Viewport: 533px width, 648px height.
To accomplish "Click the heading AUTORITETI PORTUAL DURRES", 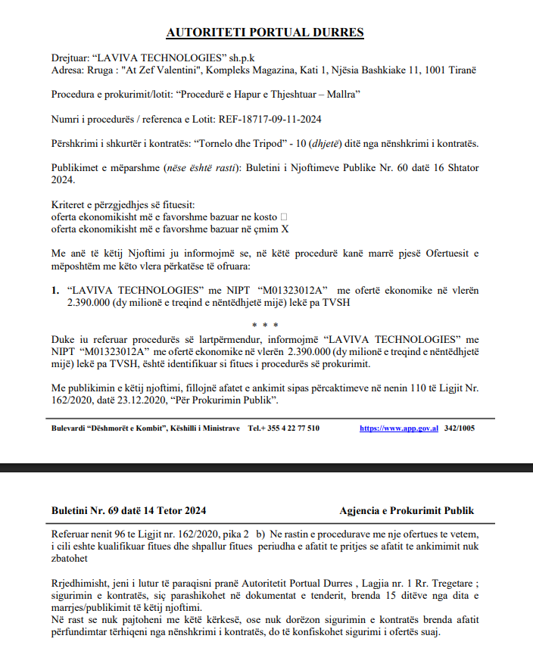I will (x=265, y=33).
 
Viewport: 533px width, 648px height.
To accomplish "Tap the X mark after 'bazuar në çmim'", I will (x=285, y=228).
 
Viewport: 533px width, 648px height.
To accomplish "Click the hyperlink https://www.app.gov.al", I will (x=399, y=428).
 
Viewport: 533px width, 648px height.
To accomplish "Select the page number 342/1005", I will (x=460, y=428).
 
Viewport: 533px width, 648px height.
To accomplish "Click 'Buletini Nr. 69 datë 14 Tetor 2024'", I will (x=129, y=511).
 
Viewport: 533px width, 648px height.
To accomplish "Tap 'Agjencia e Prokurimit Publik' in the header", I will (x=407, y=511).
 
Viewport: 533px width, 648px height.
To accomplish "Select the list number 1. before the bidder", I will (x=55, y=290).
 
